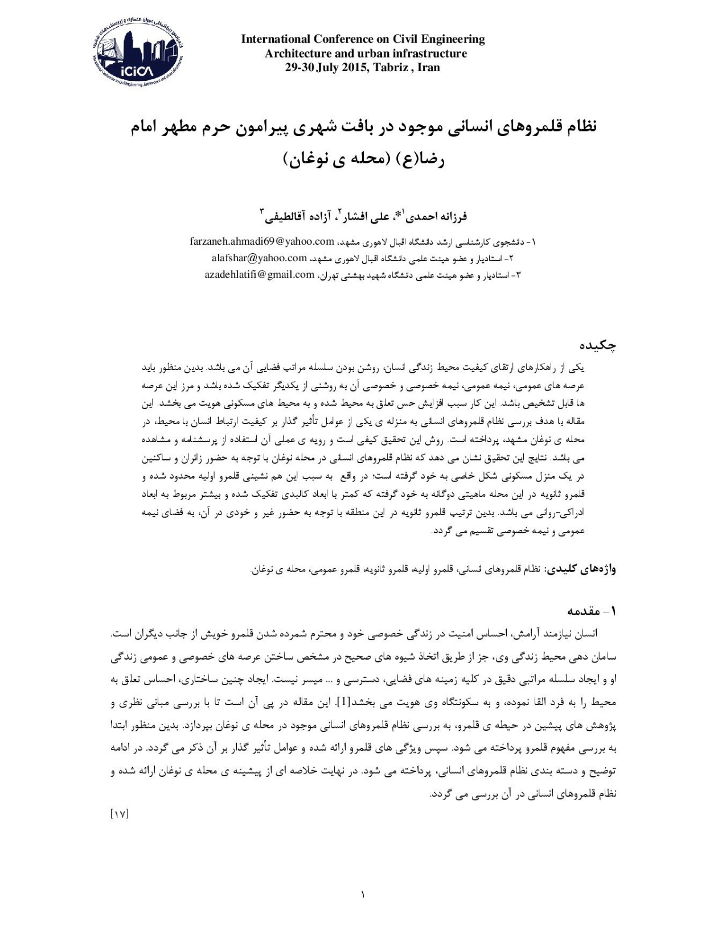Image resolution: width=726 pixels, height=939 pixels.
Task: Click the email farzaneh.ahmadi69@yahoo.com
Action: click(261, 241)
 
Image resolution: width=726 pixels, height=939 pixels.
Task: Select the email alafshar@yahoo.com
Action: click(259, 258)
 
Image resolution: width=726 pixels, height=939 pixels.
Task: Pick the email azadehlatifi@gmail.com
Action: click(260, 275)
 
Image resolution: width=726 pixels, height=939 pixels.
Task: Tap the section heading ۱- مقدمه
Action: click(592, 611)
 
